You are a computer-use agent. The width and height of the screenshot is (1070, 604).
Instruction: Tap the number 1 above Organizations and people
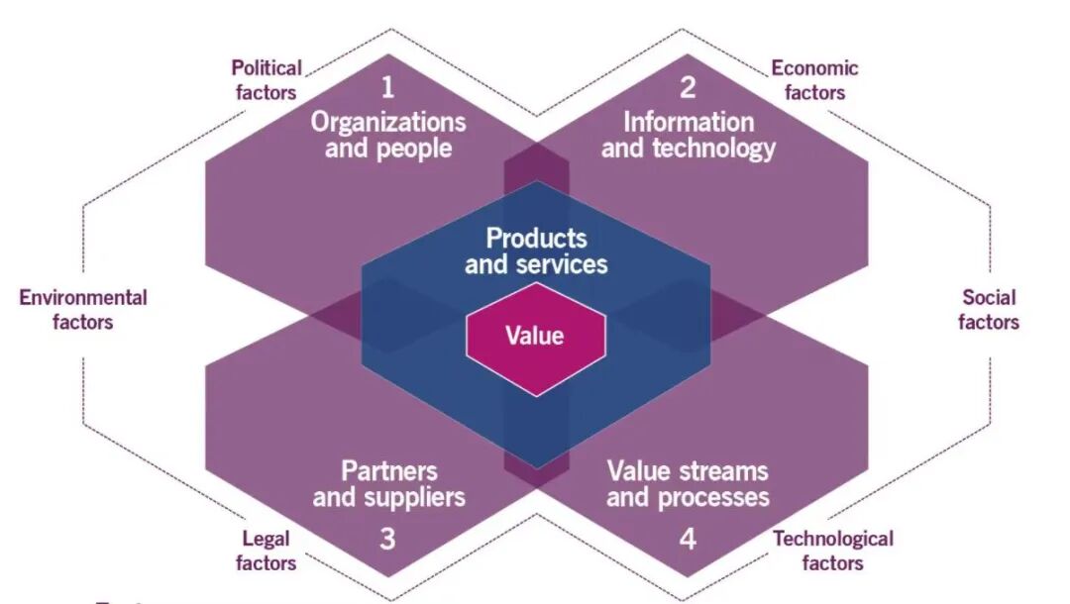(387, 88)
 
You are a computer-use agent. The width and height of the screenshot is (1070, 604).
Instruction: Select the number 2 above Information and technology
(688, 88)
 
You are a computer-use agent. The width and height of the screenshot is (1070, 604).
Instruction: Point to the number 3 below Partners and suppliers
(387, 540)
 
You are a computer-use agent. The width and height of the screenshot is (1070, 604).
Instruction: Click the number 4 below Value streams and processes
(688, 540)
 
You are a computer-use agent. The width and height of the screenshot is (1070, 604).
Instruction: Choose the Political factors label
(266, 80)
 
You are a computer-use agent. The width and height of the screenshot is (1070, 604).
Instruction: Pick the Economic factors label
(814, 80)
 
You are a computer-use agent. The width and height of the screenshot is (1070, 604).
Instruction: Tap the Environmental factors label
(83, 309)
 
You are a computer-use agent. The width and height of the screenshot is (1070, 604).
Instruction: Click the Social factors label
(989, 309)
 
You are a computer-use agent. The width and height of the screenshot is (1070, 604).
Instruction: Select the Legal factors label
(267, 551)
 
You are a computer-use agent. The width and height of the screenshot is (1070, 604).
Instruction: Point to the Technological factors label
(832, 551)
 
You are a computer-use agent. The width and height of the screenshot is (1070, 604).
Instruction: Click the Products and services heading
(536, 251)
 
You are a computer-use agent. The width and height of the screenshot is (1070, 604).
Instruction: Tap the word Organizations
(388, 123)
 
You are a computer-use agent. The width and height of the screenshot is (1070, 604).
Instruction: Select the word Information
(689, 123)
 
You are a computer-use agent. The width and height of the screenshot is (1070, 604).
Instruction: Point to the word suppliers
(414, 496)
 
